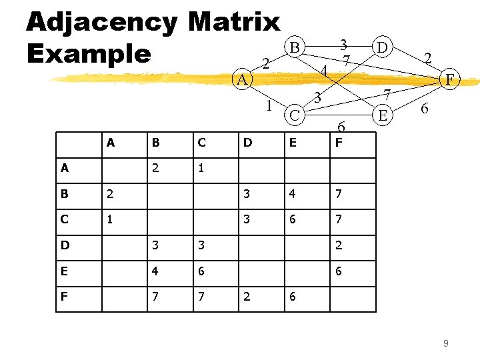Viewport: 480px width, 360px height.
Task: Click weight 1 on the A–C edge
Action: click(x=268, y=105)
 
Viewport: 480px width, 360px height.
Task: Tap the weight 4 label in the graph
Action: click(x=323, y=70)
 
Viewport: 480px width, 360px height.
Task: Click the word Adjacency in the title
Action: click(x=102, y=21)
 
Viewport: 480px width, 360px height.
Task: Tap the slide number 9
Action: click(x=445, y=343)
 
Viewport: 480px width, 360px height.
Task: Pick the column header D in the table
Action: click(x=247, y=141)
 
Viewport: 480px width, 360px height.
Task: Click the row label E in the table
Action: click(x=64, y=271)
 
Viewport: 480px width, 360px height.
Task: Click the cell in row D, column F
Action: click(x=339, y=245)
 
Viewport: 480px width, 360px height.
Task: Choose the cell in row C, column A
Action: click(x=109, y=219)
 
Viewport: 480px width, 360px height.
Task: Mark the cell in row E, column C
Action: click(x=201, y=271)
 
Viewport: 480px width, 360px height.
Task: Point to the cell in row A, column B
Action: click(x=155, y=167)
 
